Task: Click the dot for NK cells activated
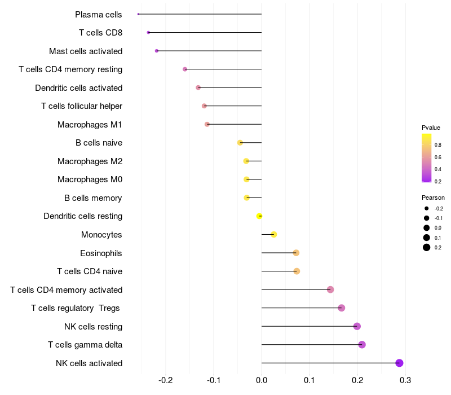point(399,363)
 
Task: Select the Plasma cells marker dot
point(138,14)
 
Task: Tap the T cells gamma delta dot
point(362,345)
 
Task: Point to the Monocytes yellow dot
point(274,234)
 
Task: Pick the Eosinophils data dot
point(296,253)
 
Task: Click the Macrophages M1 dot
point(207,124)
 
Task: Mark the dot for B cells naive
point(240,143)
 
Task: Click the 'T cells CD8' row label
point(100,33)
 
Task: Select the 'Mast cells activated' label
point(86,51)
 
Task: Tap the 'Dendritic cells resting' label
point(83,216)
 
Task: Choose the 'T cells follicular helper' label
point(82,106)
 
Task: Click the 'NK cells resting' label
point(93,326)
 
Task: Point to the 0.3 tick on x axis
point(405,380)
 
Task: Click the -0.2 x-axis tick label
point(166,380)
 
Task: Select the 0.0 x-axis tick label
point(262,380)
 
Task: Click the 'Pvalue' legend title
point(431,128)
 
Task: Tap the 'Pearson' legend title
point(433,197)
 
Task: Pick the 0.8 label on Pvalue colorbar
point(437,145)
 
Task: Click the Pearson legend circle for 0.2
point(427,247)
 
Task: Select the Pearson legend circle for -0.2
point(427,208)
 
